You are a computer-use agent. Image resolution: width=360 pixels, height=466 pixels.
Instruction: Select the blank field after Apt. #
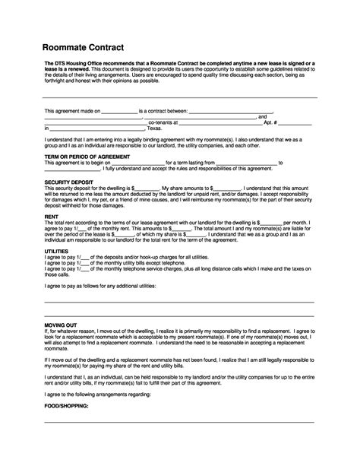pyautogui.click(x=297, y=122)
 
